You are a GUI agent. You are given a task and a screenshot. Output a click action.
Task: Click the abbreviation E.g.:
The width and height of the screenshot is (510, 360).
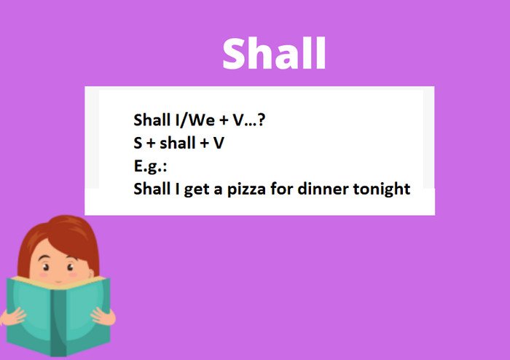[150, 166]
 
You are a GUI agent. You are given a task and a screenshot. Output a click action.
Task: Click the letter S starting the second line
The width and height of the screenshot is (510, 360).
[138, 143]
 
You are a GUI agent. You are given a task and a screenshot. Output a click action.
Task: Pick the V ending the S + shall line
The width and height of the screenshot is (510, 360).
[219, 143]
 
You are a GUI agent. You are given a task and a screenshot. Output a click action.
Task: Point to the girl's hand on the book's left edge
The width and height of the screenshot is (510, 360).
[11, 316]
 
